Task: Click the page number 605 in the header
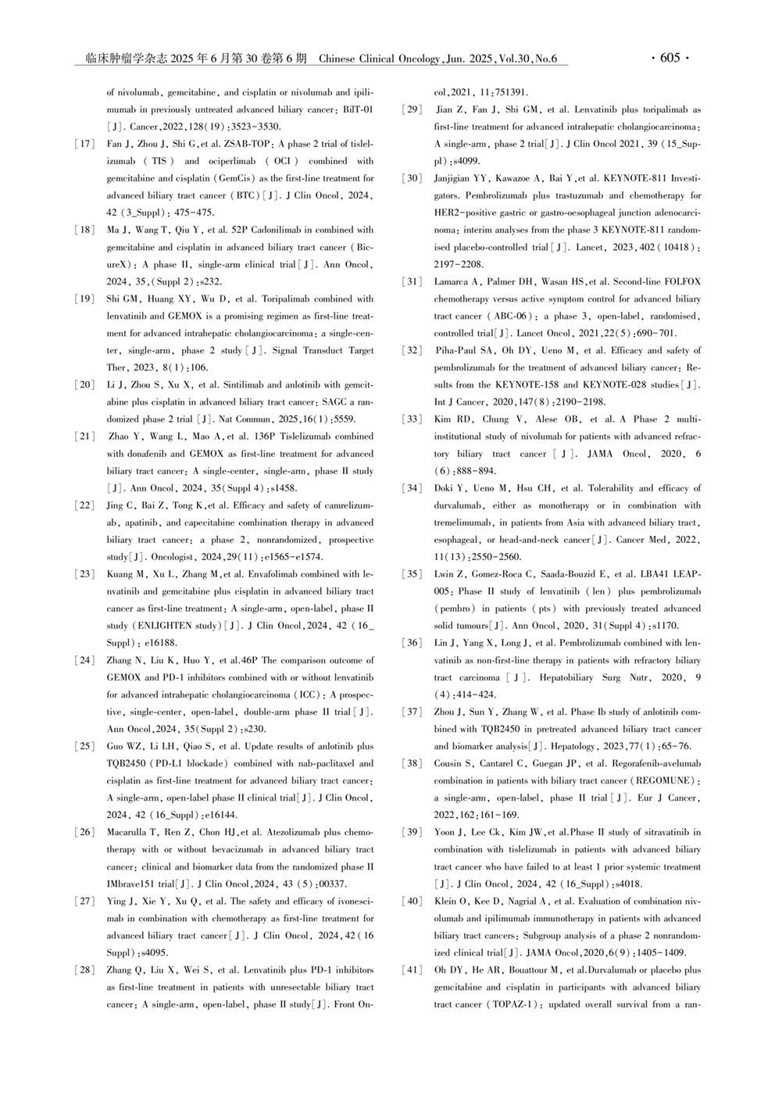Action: tap(670, 59)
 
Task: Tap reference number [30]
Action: tap(412, 178)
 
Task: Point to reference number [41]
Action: tap(412, 970)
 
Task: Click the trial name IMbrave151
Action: tap(131, 884)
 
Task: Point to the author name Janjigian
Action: tap(455, 178)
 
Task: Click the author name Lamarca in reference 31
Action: tap(452, 281)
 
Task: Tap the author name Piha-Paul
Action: tap(457, 350)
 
